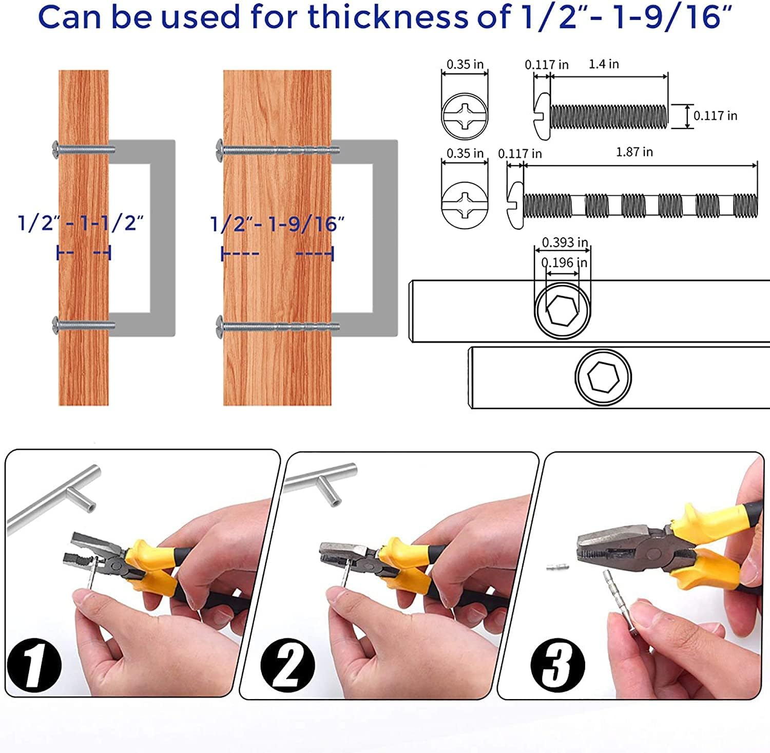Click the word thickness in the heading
pyautogui.click(x=388, y=16)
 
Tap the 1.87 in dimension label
pyautogui.click(x=634, y=152)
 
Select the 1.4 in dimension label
pyautogui.click(x=604, y=64)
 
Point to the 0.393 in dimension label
pyautogui.click(x=565, y=242)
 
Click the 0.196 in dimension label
pyautogui.click(x=565, y=262)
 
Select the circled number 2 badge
pyautogui.click(x=287, y=665)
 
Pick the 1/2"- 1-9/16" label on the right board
pyautogui.click(x=277, y=224)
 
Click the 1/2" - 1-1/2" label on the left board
pyautogui.click(x=81, y=223)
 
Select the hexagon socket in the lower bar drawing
pyautogui.click(x=603, y=378)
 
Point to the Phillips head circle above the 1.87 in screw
pyautogui.click(x=465, y=203)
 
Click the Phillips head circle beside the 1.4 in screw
pyautogui.click(x=465, y=116)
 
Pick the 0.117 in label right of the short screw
pyautogui.click(x=715, y=116)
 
